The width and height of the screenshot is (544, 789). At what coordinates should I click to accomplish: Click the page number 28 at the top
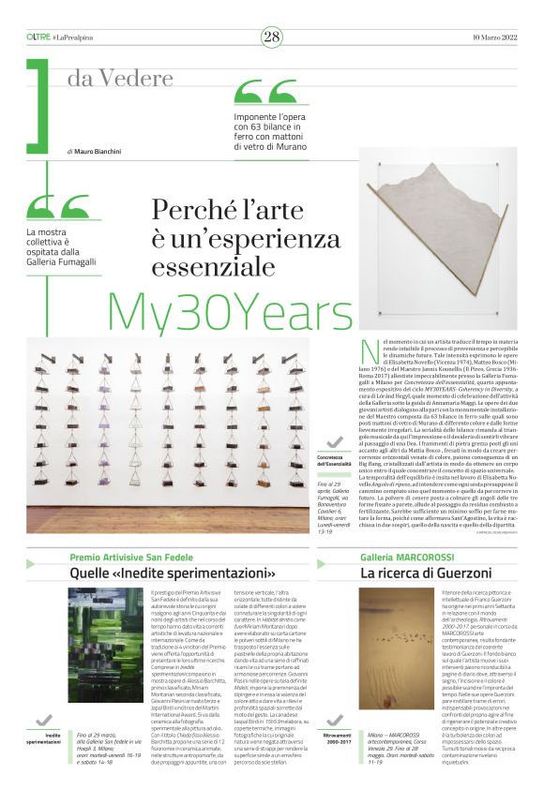271,37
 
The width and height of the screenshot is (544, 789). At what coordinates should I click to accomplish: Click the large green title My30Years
229,309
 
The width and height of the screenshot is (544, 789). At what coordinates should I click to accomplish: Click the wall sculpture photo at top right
436,238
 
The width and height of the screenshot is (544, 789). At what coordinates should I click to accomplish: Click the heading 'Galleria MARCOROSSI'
400,557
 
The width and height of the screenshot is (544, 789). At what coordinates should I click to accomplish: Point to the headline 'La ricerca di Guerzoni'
413,573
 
